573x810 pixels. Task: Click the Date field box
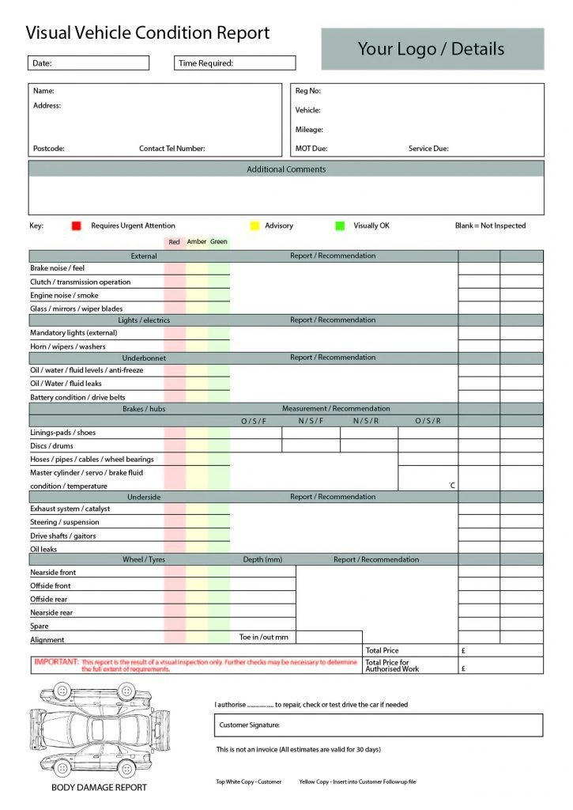coord(89,63)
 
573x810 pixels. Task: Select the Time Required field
coord(234,63)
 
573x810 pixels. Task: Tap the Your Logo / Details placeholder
coord(432,49)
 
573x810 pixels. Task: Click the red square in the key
coord(76,226)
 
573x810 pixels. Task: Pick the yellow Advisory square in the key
coord(254,226)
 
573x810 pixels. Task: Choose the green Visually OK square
coord(340,226)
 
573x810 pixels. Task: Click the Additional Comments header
coord(286,169)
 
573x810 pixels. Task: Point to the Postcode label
coord(49,149)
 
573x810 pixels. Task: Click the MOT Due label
coord(311,149)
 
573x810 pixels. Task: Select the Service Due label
coord(428,149)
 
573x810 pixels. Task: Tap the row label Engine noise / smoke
coord(65,295)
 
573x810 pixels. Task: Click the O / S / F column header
coord(254,421)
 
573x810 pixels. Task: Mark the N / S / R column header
coord(366,421)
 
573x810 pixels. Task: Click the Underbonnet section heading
coord(144,358)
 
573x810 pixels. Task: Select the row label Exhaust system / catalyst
coord(70,509)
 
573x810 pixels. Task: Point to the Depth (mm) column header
coord(262,560)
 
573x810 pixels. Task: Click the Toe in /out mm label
coord(264,638)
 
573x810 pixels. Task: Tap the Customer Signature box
coord(378,725)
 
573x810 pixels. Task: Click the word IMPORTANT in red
coord(56,661)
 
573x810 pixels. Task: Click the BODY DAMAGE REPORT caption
coord(99,787)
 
